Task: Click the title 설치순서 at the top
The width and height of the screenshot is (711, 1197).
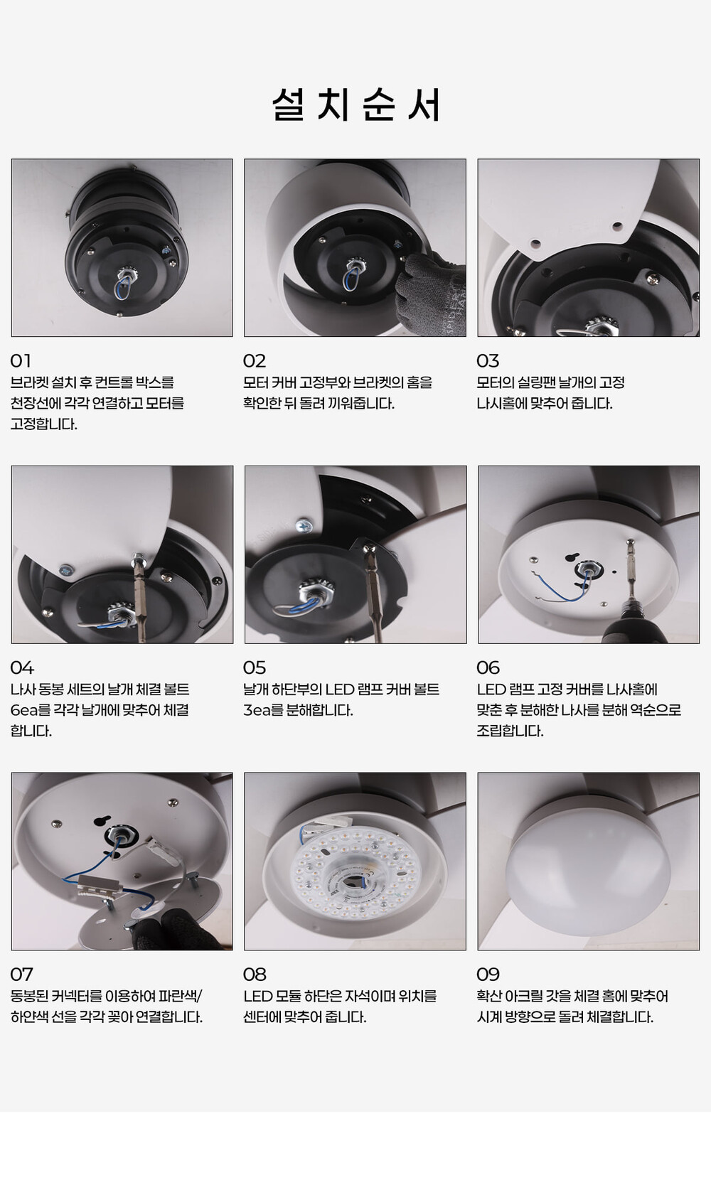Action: coord(356,104)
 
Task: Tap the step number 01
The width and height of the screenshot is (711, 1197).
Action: coord(21,361)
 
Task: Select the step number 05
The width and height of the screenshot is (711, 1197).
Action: coord(255,668)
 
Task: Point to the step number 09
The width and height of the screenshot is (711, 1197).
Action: coord(488,975)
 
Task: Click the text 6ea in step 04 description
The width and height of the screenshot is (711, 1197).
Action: coord(23,710)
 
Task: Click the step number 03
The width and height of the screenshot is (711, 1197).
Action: coord(488,361)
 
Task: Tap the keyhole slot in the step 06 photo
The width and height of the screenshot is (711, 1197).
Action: coord(573,557)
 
